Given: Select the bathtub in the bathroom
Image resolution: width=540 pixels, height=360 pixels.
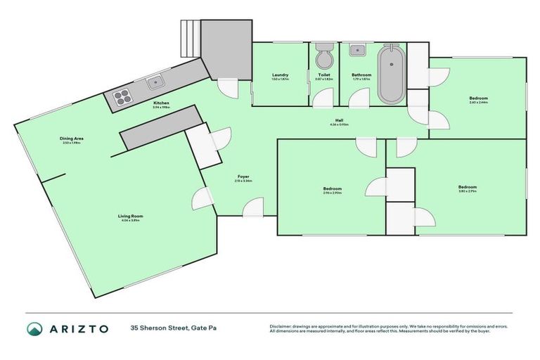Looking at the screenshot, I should pyautogui.click(x=390, y=75).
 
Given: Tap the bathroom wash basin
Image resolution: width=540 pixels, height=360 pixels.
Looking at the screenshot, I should pyautogui.click(x=357, y=49).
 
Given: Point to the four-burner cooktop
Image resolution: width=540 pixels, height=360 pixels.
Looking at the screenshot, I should pyautogui.click(x=120, y=98).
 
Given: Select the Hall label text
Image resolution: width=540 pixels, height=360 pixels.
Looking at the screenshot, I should pyautogui.click(x=339, y=120).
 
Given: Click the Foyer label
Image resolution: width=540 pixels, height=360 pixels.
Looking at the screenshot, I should pyautogui.click(x=243, y=176).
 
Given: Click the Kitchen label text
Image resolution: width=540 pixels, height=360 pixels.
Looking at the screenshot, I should pyautogui.click(x=162, y=103).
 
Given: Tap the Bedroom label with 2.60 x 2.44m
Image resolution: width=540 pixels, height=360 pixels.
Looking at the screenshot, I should pyautogui.click(x=479, y=98).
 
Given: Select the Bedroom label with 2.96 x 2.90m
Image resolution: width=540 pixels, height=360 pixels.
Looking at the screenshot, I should pyautogui.click(x=332, y=188).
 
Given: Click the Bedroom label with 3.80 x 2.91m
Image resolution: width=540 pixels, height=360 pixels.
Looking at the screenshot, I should pyautogui.click(x=468, y=186).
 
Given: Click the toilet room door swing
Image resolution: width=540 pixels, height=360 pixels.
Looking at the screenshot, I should pyautogui.click(x=322, y=99).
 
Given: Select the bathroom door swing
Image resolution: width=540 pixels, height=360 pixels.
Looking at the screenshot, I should pyautogui.click(x=359, y=98).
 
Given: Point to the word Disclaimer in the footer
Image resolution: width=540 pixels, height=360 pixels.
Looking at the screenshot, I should pyautogui.click(x=281, y=326).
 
